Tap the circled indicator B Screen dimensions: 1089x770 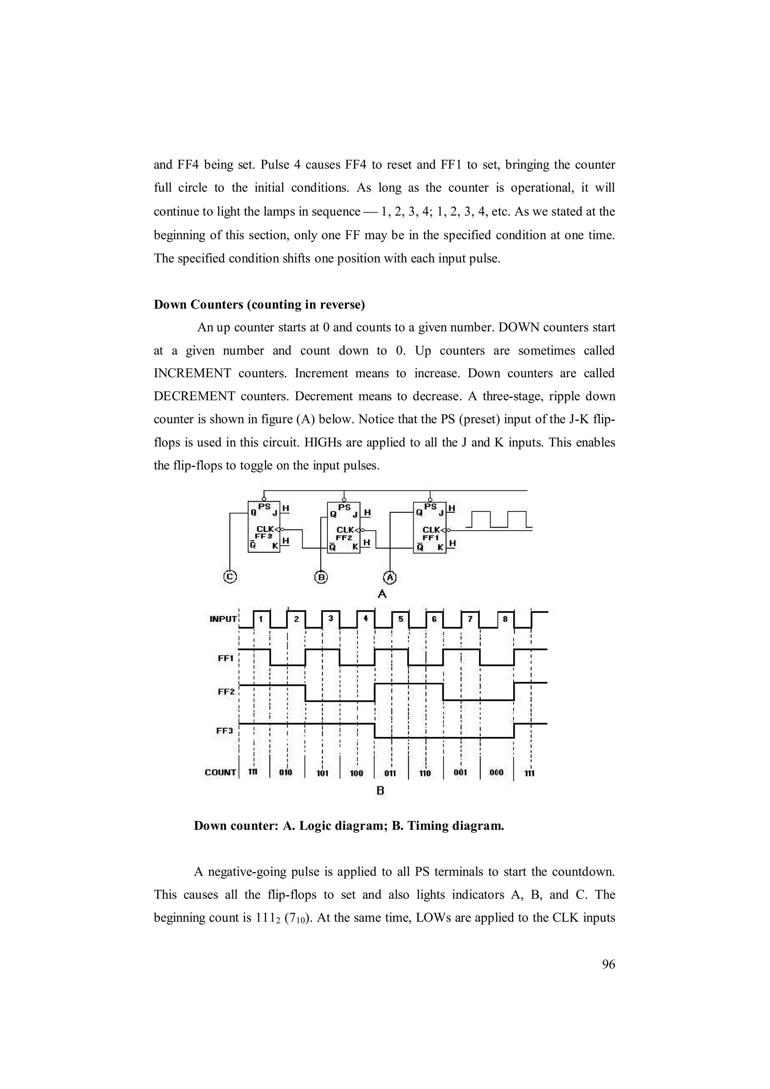tap(321, 577)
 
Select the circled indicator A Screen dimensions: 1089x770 tap(390, 577)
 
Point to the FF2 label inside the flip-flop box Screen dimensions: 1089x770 tap(344, 537)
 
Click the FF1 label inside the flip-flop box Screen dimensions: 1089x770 tap(430, 537)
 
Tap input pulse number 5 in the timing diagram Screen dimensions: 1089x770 tap(400, 619)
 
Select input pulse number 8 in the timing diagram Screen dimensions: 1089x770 tap(505, 619)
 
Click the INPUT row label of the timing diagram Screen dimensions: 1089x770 tap(223, 619)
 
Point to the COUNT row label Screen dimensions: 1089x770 tap(220, 772)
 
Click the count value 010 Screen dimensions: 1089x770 tap(286, 773)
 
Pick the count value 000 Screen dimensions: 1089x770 tap(496, 773)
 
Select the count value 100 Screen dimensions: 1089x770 tap(356, 773)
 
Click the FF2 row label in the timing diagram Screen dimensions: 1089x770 tap(226, 691)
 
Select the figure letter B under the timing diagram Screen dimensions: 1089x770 tap(380, 791)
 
